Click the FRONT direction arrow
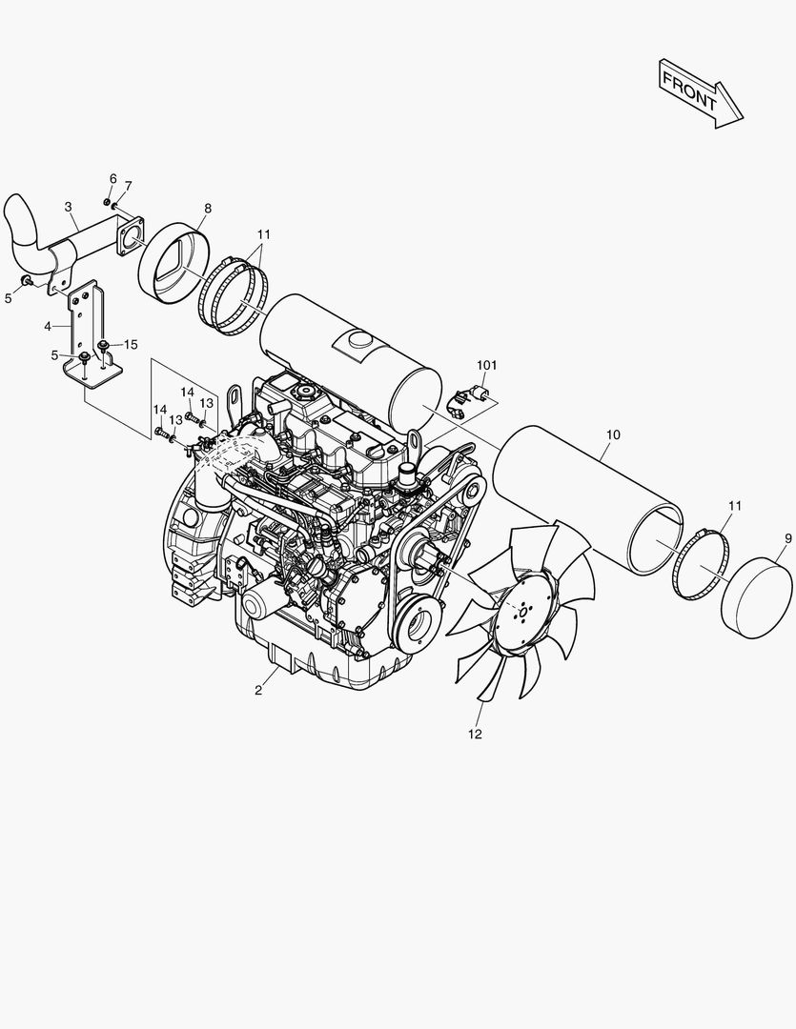tap(700, 93)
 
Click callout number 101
tap(487, 366)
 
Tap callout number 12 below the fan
tap(475, 735)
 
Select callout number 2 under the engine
tap(258, 691)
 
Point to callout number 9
tap(788, 538)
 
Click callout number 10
tap(613, 434)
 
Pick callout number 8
tap(208, 209)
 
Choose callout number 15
tap(131, 345)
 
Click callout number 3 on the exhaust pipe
tap(69, 207)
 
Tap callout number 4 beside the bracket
tap(48, 326)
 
